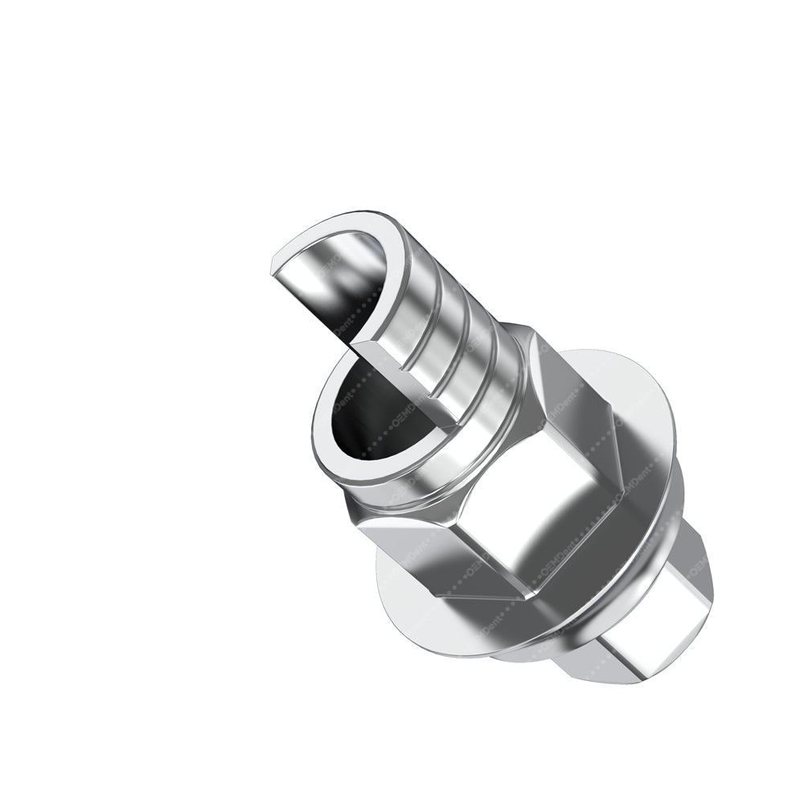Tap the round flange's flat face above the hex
(635, 386)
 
